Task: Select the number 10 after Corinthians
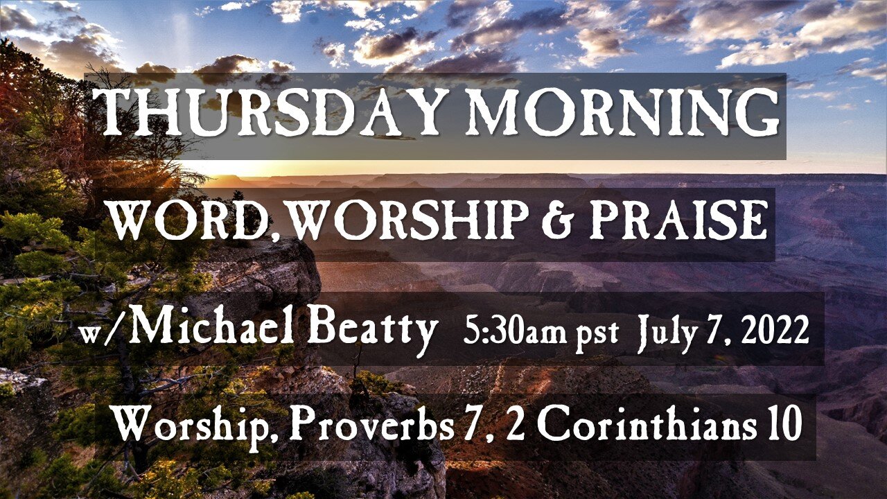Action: coord(783,426)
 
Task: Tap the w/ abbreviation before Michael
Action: coord(103,336)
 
